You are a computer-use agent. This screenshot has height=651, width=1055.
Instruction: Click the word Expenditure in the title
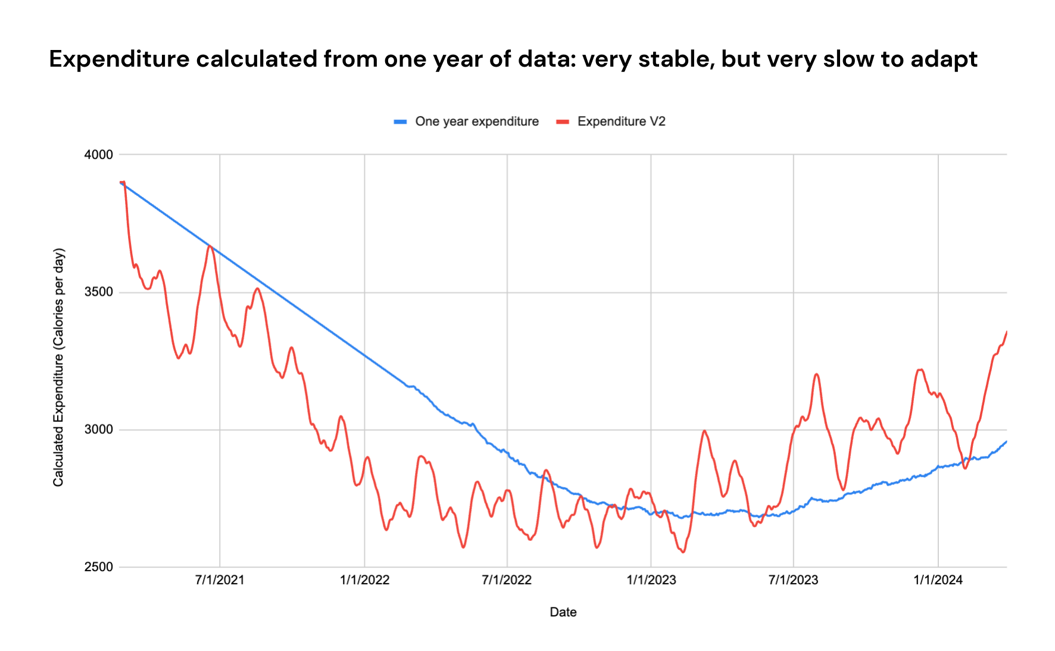(x=118, y=60)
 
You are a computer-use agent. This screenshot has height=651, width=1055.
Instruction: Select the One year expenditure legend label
(x=476, y=121)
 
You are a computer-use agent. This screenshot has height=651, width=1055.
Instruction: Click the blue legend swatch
(x=400, y=122)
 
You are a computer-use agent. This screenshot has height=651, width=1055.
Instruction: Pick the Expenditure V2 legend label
(x=621, y=121)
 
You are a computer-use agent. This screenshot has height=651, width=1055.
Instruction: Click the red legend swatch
(x=563, y=122)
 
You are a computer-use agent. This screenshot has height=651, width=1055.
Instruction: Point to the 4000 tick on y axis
(x=98, y=155)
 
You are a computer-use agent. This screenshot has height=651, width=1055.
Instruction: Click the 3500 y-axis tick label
(x=98, y=292)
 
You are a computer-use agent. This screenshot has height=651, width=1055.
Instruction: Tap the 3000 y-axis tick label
(x=98, y=430)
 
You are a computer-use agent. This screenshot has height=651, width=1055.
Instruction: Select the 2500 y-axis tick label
(x=98, y=567)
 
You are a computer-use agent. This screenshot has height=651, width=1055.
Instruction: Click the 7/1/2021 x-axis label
(x=220, y=580)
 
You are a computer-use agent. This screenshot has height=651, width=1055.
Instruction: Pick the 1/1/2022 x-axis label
(x=364, y=580)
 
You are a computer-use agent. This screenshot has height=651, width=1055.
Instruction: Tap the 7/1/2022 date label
(x=507, y=580)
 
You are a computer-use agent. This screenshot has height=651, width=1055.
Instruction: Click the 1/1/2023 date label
(x=651, y=580)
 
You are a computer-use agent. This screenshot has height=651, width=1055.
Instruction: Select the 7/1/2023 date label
(x=793, y=580)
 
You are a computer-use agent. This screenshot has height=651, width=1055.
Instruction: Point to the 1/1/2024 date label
(x=938, y=580)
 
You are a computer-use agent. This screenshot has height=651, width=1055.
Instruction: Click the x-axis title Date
(x=563, y=612)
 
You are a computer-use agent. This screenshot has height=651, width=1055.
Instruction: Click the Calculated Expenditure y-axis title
(x=58, y=367)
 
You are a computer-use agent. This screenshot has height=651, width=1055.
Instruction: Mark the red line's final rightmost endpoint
(x=1006, y=332)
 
